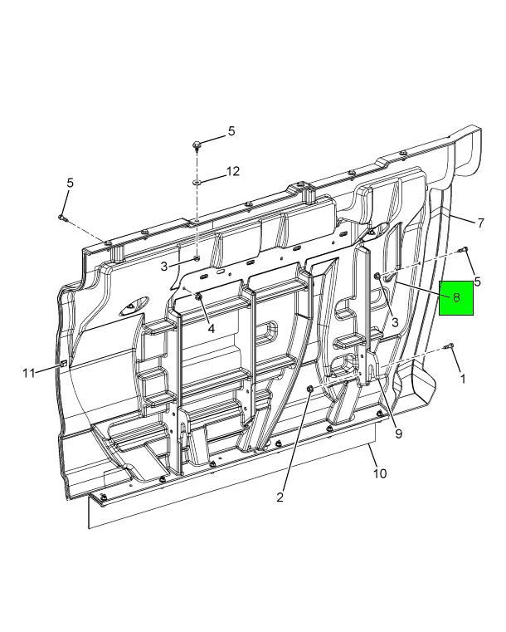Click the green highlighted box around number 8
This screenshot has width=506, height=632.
coord(456,298)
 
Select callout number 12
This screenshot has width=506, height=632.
coord(232,171)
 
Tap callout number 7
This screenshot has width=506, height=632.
coord(480,223)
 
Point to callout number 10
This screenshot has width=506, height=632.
coord(380,473)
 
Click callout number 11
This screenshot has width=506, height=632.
coord(28,373)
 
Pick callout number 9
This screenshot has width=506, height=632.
coord(398,434)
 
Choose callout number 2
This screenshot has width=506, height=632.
coord(280,497)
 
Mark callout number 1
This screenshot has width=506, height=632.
coord(463,379)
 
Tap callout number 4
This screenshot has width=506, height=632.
coord(212,329)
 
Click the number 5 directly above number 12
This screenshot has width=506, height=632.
coord(231,131)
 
